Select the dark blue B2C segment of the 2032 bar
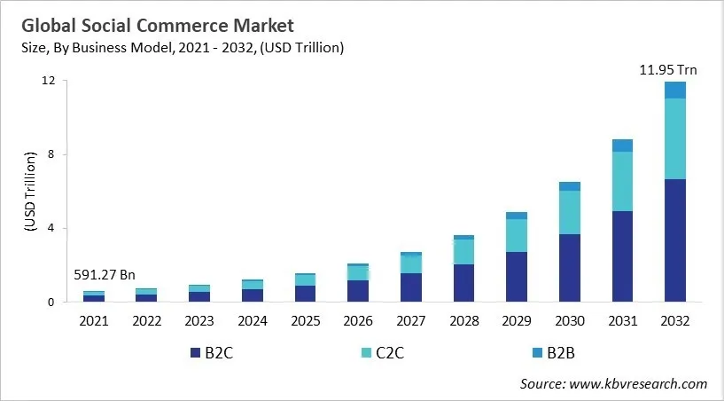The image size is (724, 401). click(675, 240)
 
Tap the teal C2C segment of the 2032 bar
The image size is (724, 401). click(675, 138)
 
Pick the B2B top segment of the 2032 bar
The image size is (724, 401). click(675, 90)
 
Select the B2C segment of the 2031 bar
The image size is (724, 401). click(622, 256)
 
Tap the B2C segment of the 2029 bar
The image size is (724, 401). click(517, 277)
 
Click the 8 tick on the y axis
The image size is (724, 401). click(52, 154)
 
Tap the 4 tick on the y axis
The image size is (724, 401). click(52, 228)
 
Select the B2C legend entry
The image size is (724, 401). click(213, 353)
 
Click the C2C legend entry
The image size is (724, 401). click(388, 353)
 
